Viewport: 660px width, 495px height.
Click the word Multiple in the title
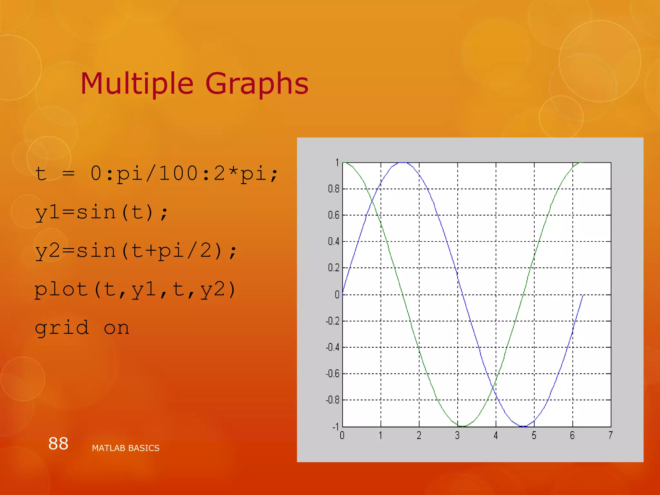click(x=137, y=84)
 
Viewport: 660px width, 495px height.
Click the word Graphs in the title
click(x=257, y=84)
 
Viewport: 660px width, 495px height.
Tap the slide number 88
click(x=58, y=443)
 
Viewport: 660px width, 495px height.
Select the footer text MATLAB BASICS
click(x=126, y=448)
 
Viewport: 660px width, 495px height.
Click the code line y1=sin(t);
click(x=102, y=213)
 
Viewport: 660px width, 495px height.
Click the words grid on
click(x=82, y=328)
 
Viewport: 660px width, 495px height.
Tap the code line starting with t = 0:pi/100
click(x=156, y=174)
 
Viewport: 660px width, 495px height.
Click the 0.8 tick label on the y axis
click(x=334, y=189)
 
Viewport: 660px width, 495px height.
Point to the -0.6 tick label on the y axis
click(x=332, y=374)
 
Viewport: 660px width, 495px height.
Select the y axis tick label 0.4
click(x=334, y=241)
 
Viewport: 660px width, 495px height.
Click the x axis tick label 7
click(x=610, y=436)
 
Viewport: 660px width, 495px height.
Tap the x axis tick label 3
click(x=457, y=436)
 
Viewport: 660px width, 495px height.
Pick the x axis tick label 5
click(x=534, y=436)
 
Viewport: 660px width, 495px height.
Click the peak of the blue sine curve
click(x=403, y=163)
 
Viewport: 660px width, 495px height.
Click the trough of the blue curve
click(x=523, y=426)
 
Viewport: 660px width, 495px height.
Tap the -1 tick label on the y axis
click(x=335, y=427)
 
